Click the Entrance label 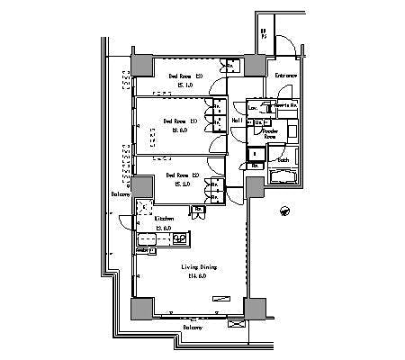coord(286,76)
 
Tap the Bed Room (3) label coord(184,76)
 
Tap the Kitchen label coord(163,219)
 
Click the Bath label coord(282,160)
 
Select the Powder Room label coord(269,133)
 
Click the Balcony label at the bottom coord(192,328)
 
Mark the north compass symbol coord(284,211)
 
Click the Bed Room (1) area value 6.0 coord(179,130)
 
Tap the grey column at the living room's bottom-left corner coord(142,307)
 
